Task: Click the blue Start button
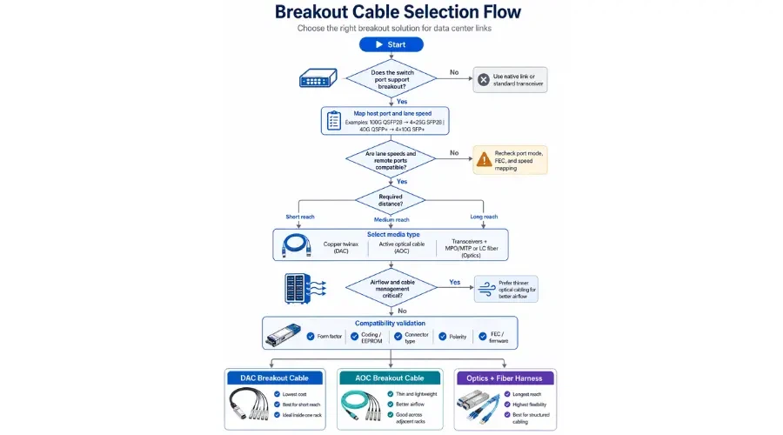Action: coord(391,44)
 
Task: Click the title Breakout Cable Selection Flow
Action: coord(398,12)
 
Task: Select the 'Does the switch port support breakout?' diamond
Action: coord(391,79)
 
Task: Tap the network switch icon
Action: coord(318,78)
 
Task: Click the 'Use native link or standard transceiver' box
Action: coord(510,80)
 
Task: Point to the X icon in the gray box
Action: coord(484,80)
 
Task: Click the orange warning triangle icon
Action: coord(483,159)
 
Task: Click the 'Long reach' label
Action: coord(485,217)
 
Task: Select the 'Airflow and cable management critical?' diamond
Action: coord(391,287)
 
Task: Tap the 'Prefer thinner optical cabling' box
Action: coord(512,289)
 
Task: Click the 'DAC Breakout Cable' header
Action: coord(275,378)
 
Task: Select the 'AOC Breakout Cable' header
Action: coord(391,378)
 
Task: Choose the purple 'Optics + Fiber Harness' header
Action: coord(505,378)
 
